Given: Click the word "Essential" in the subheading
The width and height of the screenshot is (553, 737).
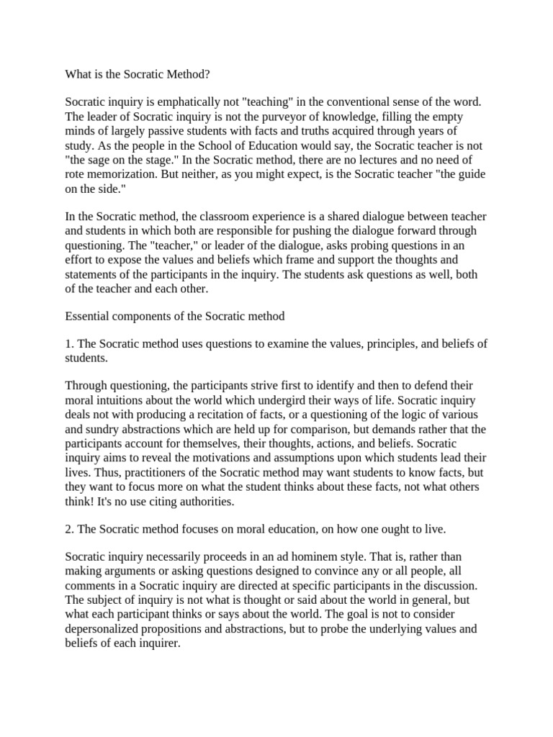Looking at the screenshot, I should pos(87,316).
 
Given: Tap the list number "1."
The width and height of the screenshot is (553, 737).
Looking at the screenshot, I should pos(70,344).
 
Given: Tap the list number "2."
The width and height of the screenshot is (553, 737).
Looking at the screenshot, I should pos(70,529).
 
